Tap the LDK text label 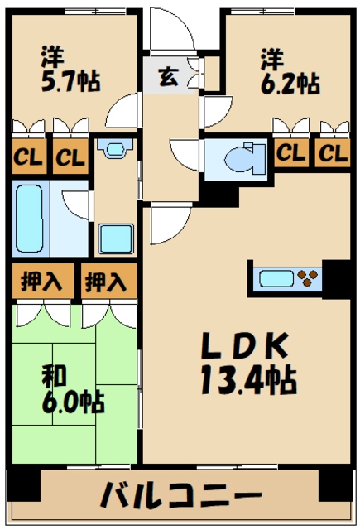pos(245,345)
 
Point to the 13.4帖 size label pos(249,380)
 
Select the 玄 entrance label pos(168,77)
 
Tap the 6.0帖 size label pos(73,402)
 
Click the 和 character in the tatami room pos(54,375)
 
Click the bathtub pos(30,219)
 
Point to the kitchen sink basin pos(276,279)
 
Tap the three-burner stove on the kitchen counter pos(307,278)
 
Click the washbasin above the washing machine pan pos(115,148)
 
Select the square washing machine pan pos(116,238)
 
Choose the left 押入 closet pos(43,281)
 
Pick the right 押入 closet pos(108,281)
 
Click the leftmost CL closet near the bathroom pos(29,157)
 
